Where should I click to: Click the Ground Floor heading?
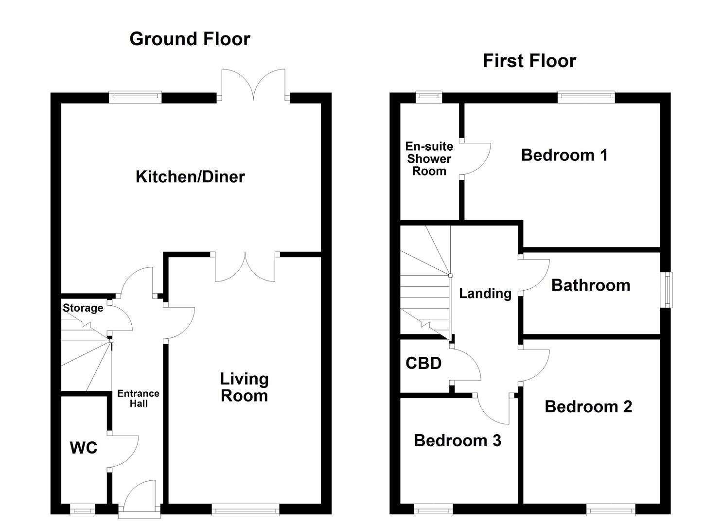[190, 39]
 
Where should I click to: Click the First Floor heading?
[529, 61]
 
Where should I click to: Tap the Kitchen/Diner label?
[190, 176]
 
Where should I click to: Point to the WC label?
[84, 448]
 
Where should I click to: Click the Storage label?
[83, 308]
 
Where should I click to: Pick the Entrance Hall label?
[138, 398]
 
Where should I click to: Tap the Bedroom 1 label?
[564, 155]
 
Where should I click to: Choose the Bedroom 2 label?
[588, 406]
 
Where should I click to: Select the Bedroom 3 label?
[458, 440]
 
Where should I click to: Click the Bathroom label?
[591, 285]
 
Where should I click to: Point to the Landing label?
[485, 294]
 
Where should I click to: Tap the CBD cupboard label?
[423, 363]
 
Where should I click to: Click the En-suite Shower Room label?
[429, 158]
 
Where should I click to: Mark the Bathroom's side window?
[666, 290]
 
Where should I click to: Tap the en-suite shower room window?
[429, 97]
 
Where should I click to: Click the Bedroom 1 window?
[586, 97]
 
